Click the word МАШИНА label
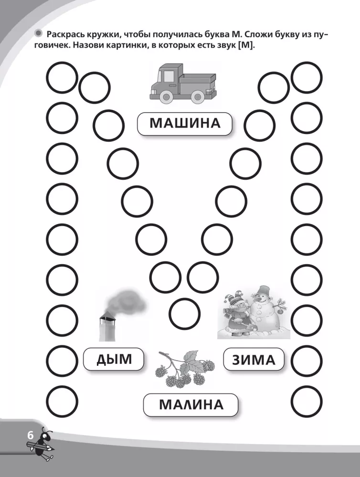pos(185,123)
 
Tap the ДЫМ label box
pos(114,359)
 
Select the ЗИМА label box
pos(254,359)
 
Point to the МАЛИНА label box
pos(191,404)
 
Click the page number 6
pos(30,436)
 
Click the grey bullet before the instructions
pos(39,33)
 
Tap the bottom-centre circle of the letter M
pos(184,314)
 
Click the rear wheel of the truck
pos(198,97)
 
